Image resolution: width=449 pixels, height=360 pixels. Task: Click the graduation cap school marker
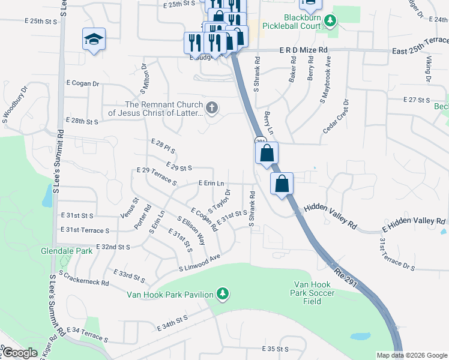coord(94,40)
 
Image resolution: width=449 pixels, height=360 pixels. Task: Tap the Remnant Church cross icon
coord(211,108)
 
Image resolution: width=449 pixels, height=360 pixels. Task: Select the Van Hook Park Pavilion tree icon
coord(223,293)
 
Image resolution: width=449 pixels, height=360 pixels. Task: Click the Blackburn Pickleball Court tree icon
coord(329,22)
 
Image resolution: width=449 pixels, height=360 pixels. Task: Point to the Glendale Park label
coord(67,251)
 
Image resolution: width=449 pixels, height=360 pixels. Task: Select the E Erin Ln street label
coord(211,183)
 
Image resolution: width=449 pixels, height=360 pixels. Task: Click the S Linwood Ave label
coord(200,265)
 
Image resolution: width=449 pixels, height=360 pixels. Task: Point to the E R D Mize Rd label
coord(303,50)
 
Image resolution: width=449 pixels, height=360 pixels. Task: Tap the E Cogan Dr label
coord(82,84)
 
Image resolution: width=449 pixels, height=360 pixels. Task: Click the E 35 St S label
coord(276,349)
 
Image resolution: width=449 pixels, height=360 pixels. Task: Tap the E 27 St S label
coord(417,99)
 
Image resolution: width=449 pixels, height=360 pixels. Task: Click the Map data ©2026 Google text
coord(411,355)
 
